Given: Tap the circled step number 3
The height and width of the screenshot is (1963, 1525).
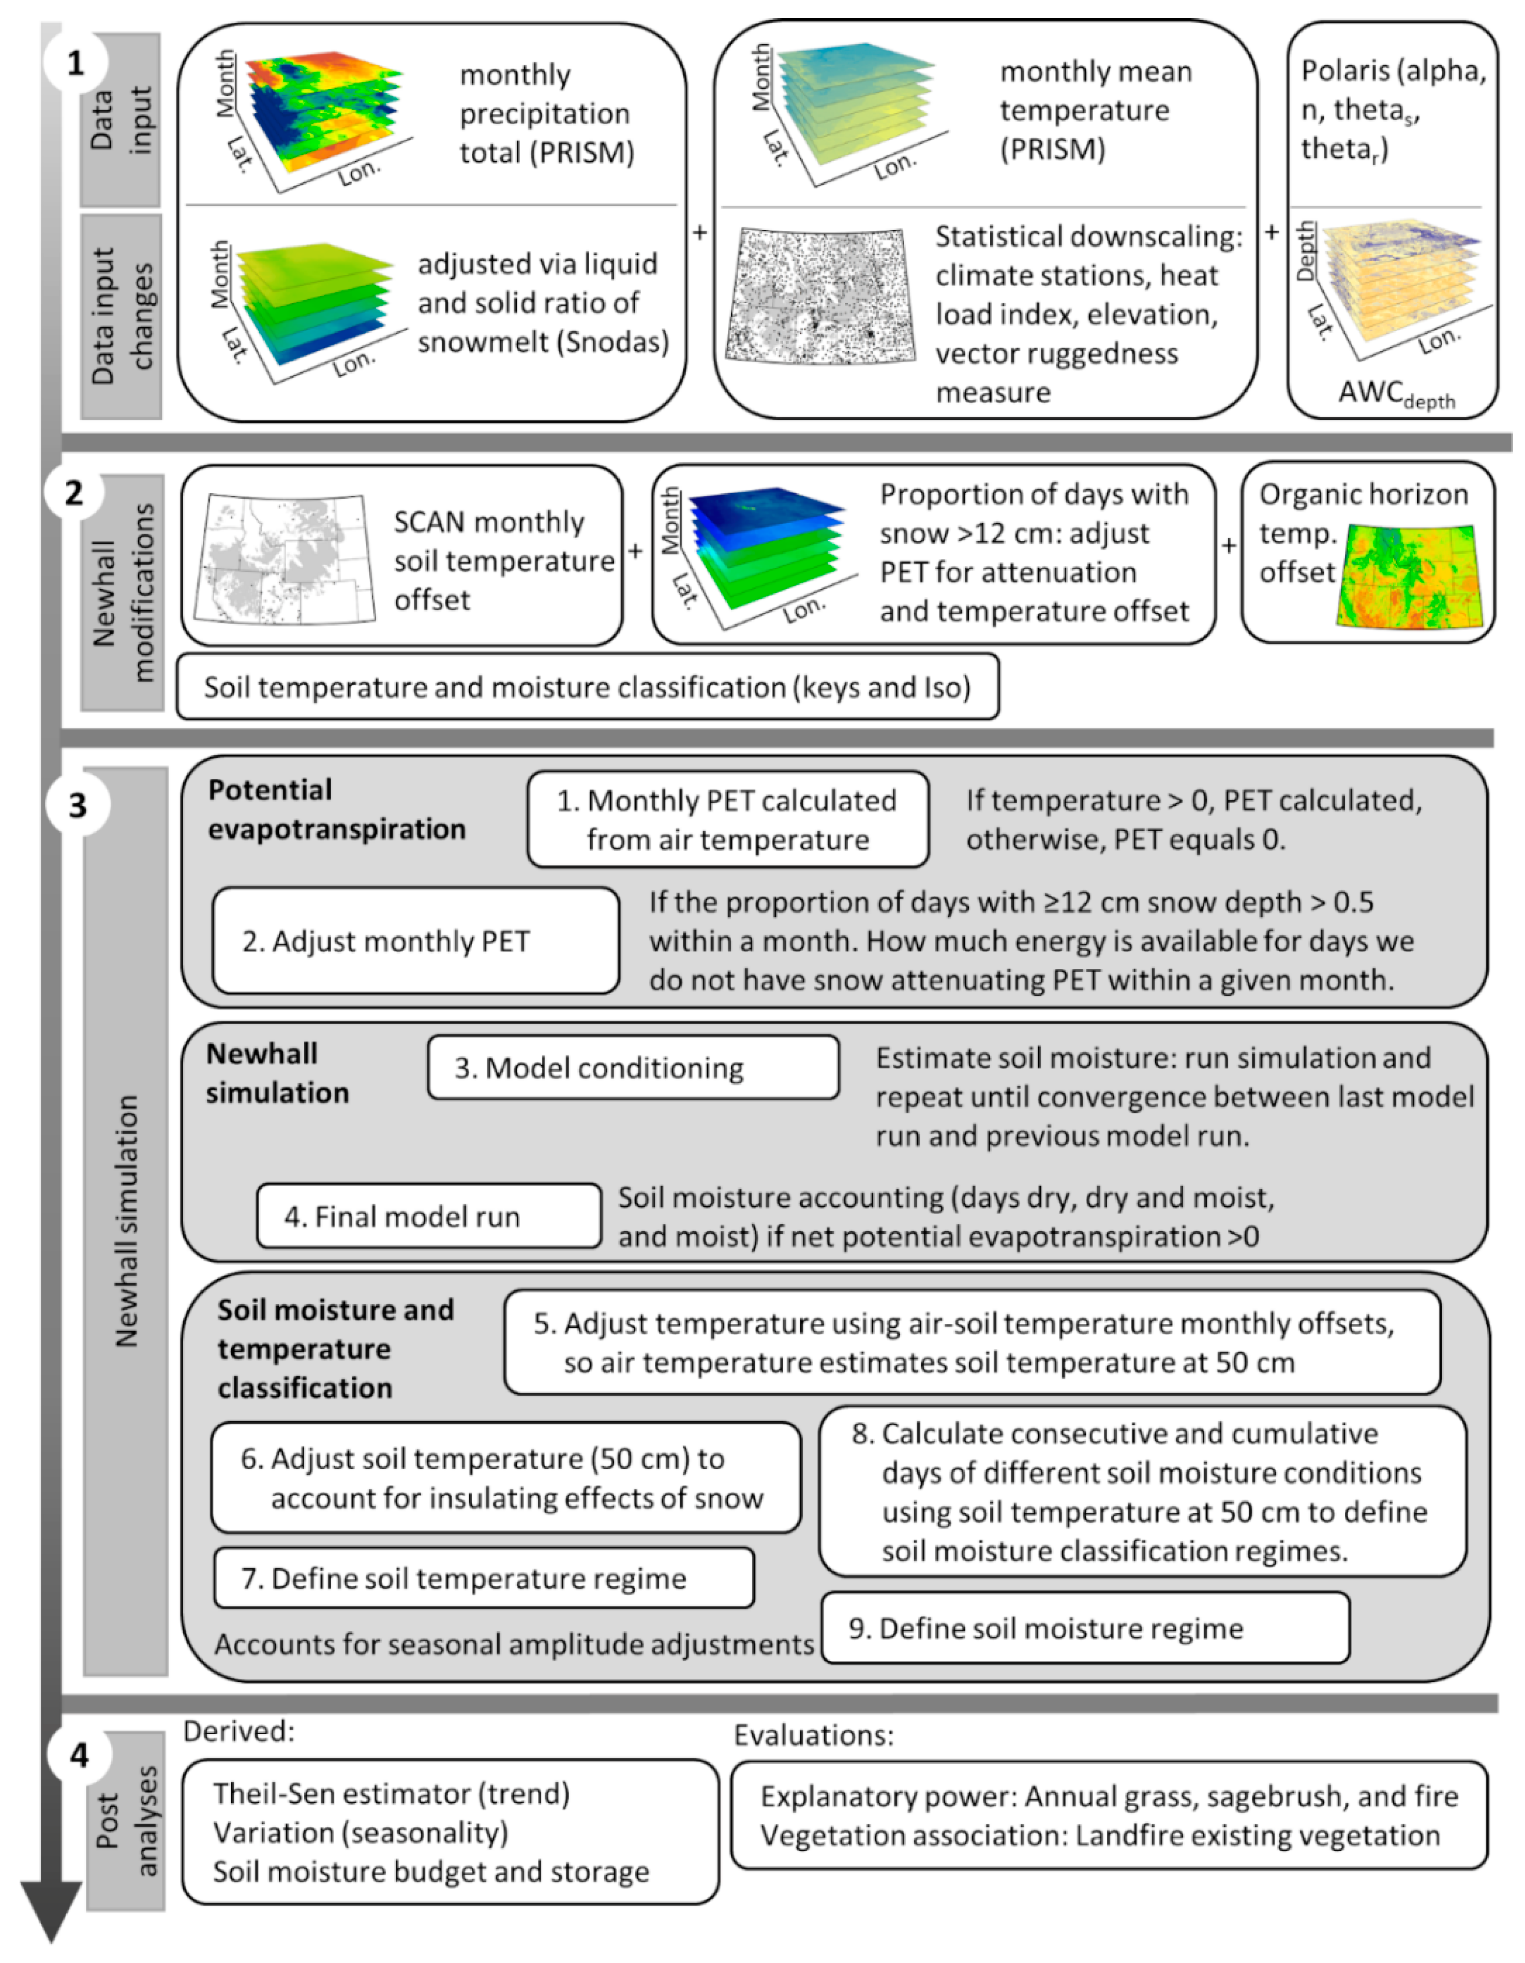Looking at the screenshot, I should [x=78, y=804].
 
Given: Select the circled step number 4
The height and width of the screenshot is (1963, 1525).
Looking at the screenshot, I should [x=79, y=1754].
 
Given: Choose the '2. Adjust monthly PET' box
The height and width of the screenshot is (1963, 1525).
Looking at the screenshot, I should [x=415, y=940].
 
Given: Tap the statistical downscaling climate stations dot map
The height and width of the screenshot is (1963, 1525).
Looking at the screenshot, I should [x=819, y=297].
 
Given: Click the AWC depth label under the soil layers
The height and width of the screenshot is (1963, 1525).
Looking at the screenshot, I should [x=1396, y=394].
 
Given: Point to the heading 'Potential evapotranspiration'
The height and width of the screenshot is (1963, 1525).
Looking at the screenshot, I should [x=336, y=809].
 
